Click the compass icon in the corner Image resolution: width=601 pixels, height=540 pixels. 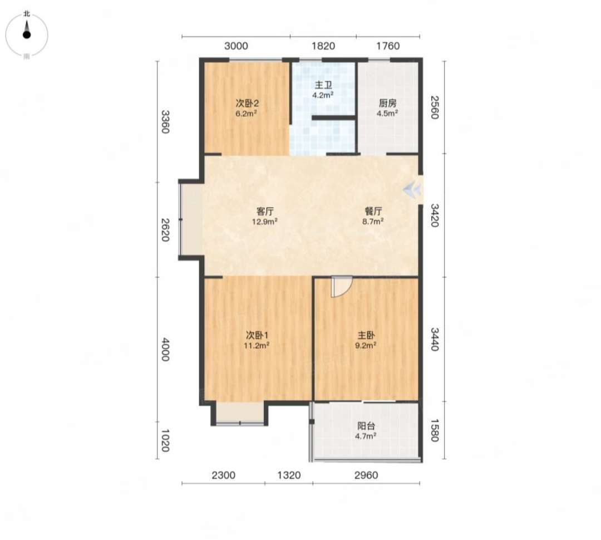click(27, 35)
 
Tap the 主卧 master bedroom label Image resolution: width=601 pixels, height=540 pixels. click(366, 336)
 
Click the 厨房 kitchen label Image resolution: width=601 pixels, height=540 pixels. click(387, 103)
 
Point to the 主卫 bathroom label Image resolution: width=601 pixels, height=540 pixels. click(323, 85)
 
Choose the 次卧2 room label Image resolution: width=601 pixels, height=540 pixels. click(247, 103)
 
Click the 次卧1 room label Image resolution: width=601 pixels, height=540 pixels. click(257, 336)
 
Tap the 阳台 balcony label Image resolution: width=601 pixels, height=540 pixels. click(366, 426)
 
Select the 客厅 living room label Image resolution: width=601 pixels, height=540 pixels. click(265, 212)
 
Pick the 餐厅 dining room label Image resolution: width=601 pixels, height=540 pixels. click(373, 212)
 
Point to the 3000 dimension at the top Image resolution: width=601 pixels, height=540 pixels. click(236, 46)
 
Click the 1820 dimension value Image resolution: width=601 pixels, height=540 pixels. click(323, 46)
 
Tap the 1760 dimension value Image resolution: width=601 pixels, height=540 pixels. click(388, 46)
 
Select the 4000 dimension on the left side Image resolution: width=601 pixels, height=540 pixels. click(165, 350)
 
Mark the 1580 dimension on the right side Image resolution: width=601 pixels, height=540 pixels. click(434, 430)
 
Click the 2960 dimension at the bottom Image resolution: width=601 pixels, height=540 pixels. click(366, 475)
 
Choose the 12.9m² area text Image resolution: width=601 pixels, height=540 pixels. click(265, 222)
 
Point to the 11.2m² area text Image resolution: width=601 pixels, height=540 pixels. click(257, 346)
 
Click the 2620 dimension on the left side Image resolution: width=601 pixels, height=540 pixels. click(165, 230)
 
